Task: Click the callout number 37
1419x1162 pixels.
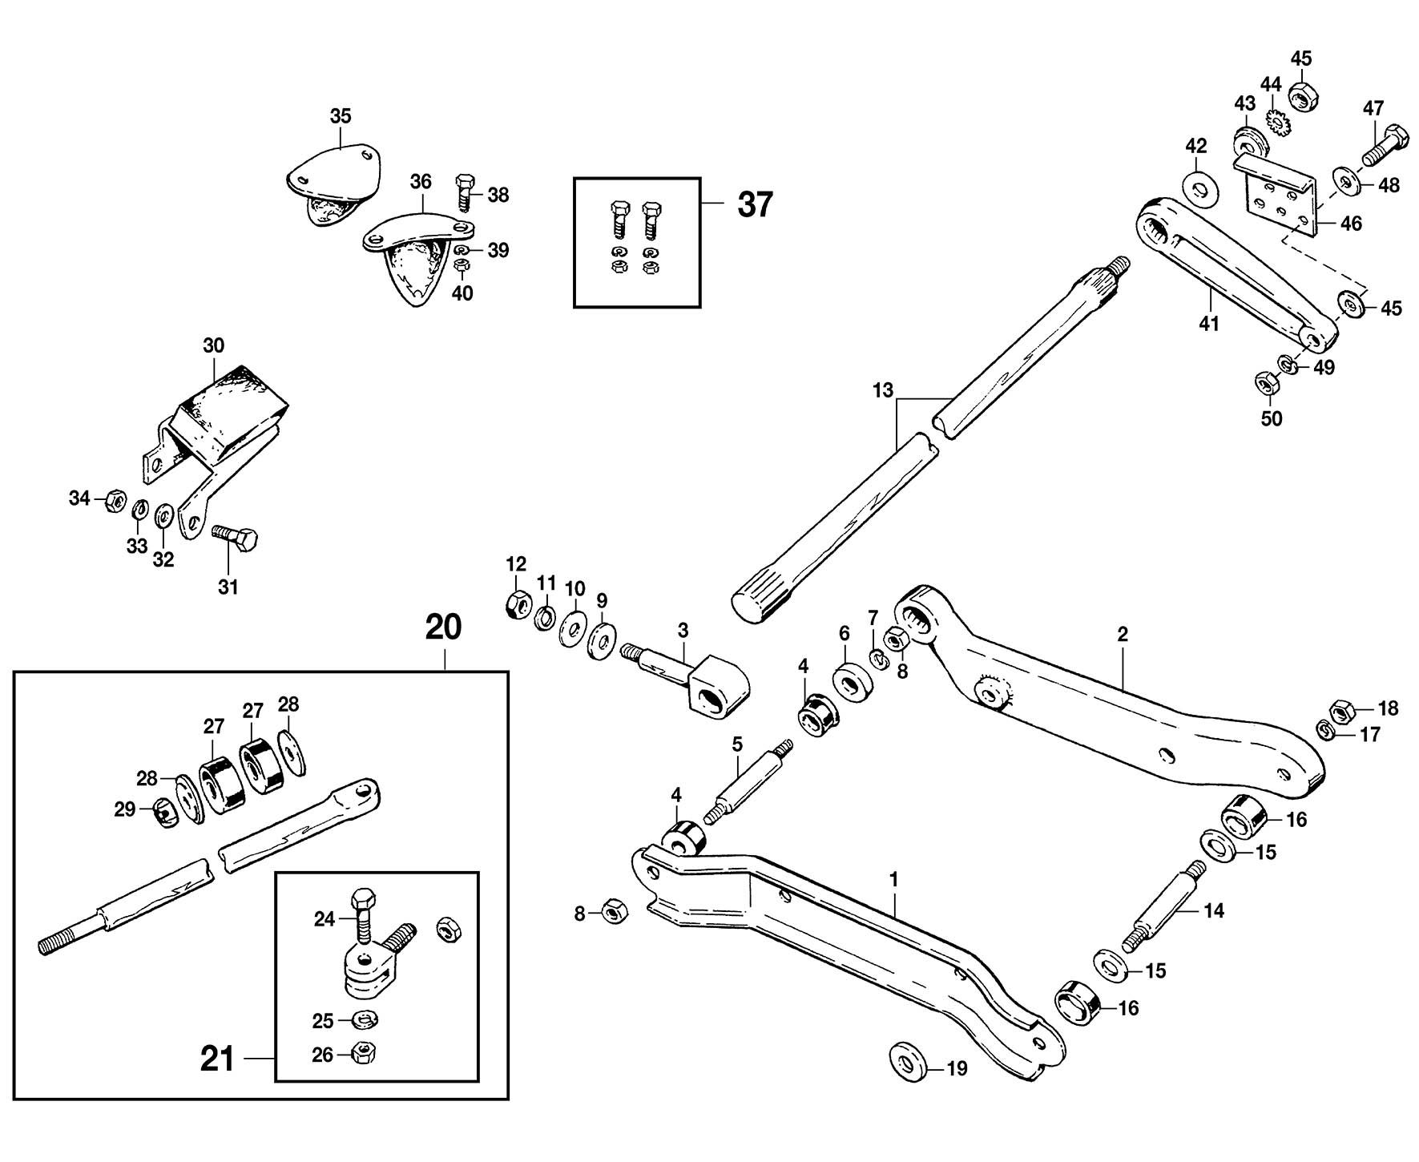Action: tap(755, 205)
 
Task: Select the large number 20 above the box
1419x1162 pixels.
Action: tap(443, 627)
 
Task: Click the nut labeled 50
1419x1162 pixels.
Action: tap(1265, 384)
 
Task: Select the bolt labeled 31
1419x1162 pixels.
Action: tap(236, 538)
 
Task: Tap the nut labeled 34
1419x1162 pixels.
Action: tap(115, 501)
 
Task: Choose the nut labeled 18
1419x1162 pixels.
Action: tap(1341, 710)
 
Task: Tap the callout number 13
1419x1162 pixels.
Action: tap(882, 391)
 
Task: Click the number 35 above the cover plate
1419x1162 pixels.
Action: tap(341, 116)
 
